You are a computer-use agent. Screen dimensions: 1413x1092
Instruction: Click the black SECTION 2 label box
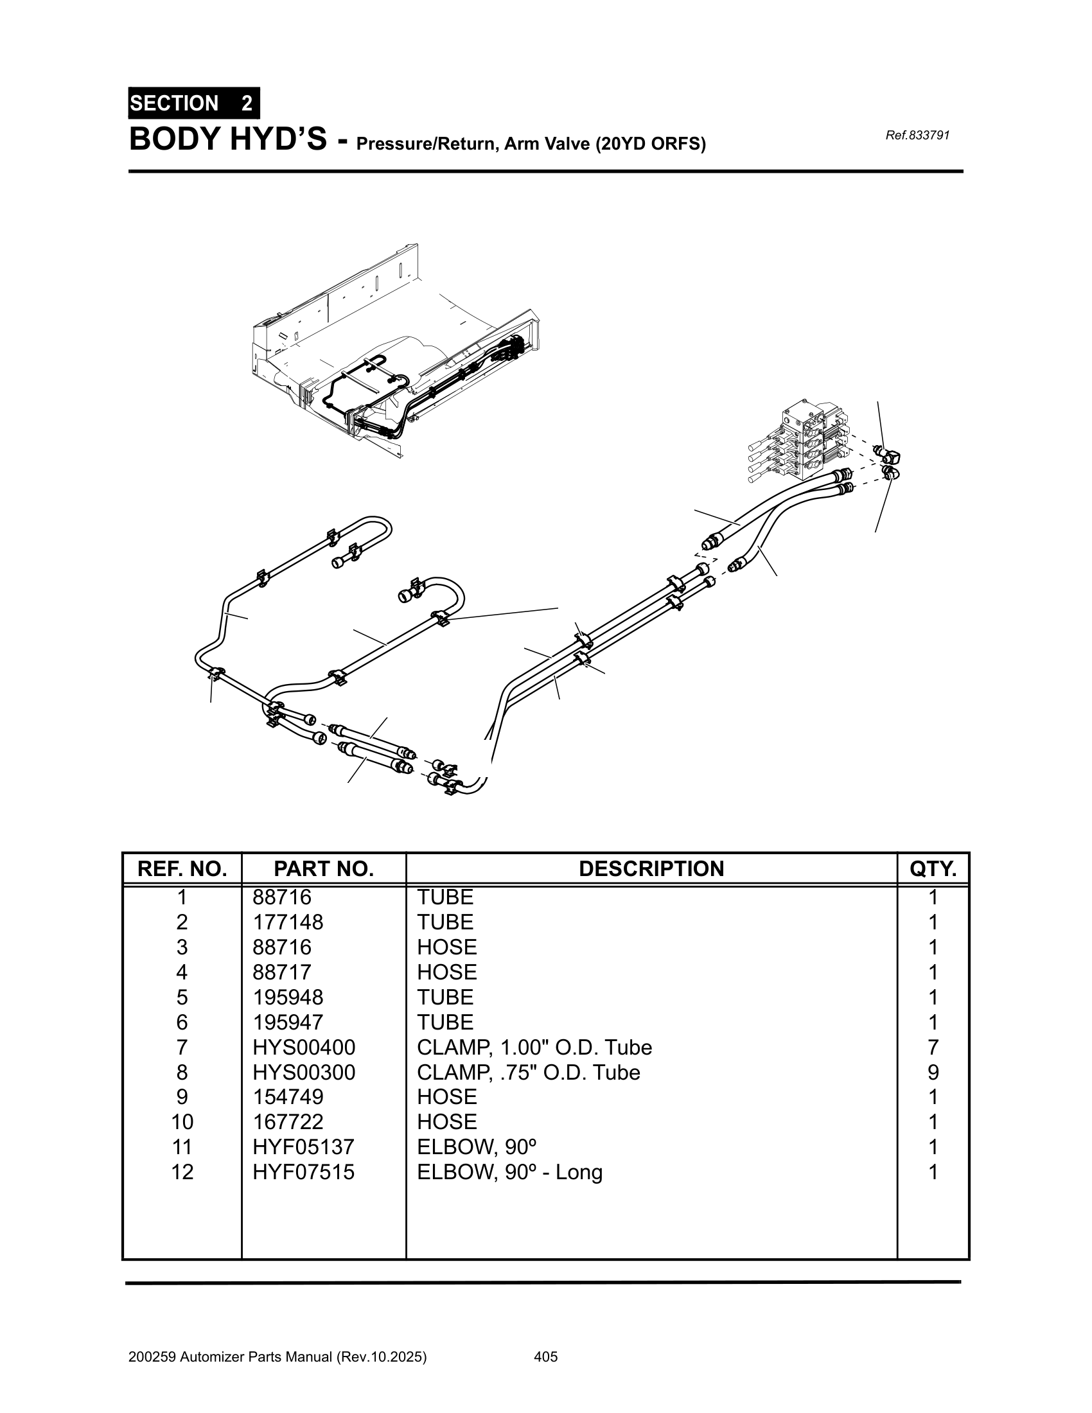point(193,103)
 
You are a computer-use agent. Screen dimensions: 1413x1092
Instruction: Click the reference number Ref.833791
point(917,136)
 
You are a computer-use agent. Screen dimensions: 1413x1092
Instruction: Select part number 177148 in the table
point(287,922)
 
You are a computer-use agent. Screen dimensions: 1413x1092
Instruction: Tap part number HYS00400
point(303,1048)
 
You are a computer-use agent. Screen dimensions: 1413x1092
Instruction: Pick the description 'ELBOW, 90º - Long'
point(509,1172)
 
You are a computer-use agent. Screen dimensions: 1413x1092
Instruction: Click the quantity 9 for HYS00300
point(932,1073)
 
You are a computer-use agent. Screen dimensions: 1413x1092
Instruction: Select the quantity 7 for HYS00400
point(932,1048)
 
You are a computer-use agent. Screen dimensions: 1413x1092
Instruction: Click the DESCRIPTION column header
point(651,869)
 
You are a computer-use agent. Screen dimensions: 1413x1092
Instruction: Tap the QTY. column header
point(932,869)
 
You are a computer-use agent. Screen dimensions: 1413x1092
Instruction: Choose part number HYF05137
point(303,1147)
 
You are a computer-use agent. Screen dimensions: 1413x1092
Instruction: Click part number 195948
point(287,997)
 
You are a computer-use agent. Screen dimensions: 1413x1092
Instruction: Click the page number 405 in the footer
point(545,1356)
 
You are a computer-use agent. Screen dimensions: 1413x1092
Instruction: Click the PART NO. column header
point(324,869)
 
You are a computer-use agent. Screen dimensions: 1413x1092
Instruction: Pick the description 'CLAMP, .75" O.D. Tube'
point(528,1073)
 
